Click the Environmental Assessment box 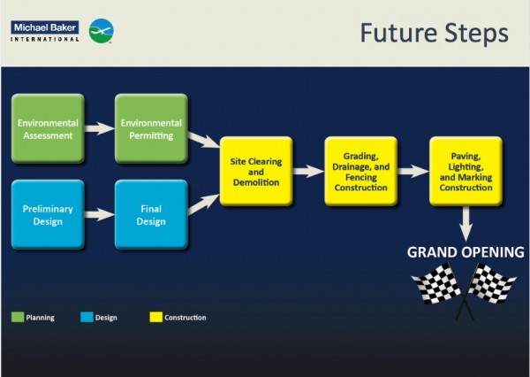[x=48, y=129]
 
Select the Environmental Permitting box [x=150, y=129]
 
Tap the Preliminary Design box [x=48, y=215]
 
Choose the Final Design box [x=150, y=215]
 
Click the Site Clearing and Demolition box [x=256, y=171]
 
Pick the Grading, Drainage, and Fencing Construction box [x=360, y=171]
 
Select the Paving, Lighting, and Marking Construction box [x=466, y=171]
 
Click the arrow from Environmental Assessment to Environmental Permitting [x=99, y=129]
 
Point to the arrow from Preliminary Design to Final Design [x=99, y=215]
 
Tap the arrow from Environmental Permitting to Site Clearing [x=203, y=141]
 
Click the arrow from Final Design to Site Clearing [x=203, y=203]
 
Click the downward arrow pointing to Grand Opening [x=466, y=223]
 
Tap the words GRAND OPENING [x=466, y=253]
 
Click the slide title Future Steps [x=434, y=34]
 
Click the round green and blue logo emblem [x=101, y=31]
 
